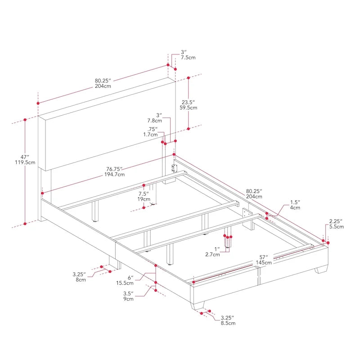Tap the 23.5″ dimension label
point(188,102)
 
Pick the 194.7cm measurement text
point(115,174)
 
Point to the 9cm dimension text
point(128,299)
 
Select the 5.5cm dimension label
point(336,227)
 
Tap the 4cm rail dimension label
point(295,207)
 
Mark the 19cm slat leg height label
point(144,199)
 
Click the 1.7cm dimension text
point(150,134)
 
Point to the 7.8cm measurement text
point(154,121)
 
